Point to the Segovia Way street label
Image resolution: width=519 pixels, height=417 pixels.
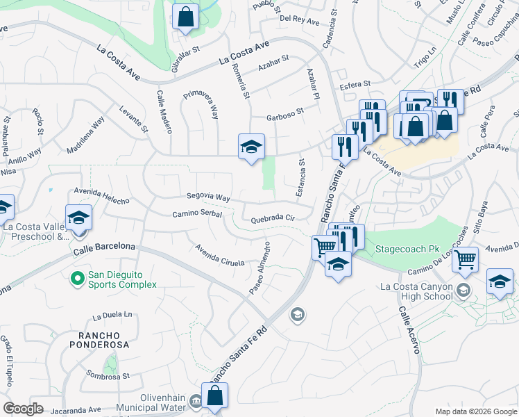click(207, 198)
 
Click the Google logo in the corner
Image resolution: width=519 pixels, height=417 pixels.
click(23, 409)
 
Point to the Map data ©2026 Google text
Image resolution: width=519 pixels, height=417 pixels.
click(475, 411)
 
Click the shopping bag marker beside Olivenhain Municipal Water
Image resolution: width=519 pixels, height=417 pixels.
click(215, 395)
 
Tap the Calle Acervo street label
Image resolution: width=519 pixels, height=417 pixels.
click(408, 331)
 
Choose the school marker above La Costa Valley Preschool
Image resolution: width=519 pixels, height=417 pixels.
click(78, 218)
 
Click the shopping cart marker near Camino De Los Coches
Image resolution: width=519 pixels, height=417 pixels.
click(465, 260)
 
